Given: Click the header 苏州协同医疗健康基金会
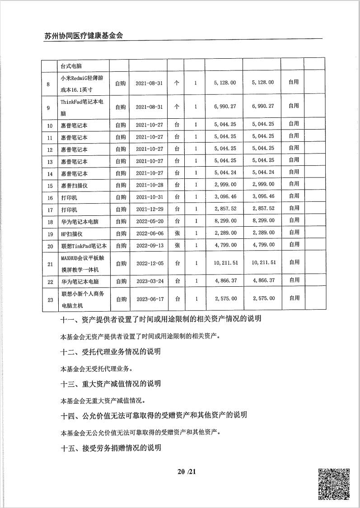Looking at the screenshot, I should click(x=84, y=36).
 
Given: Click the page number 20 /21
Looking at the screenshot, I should click(x=187, y=472).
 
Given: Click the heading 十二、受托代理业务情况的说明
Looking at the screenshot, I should click(x=111, y=352).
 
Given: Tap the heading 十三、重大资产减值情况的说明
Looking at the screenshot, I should click(x=111, y=384).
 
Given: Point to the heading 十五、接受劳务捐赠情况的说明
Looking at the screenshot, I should click(x=111, y=448).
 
